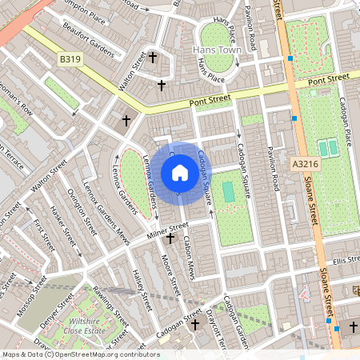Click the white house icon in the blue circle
click(180, 172)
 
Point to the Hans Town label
click(217, 50)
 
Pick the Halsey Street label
click(142, 290)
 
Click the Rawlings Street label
click(112, 299)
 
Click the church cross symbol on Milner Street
click(170, 238)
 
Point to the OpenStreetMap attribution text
click(80, 354)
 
